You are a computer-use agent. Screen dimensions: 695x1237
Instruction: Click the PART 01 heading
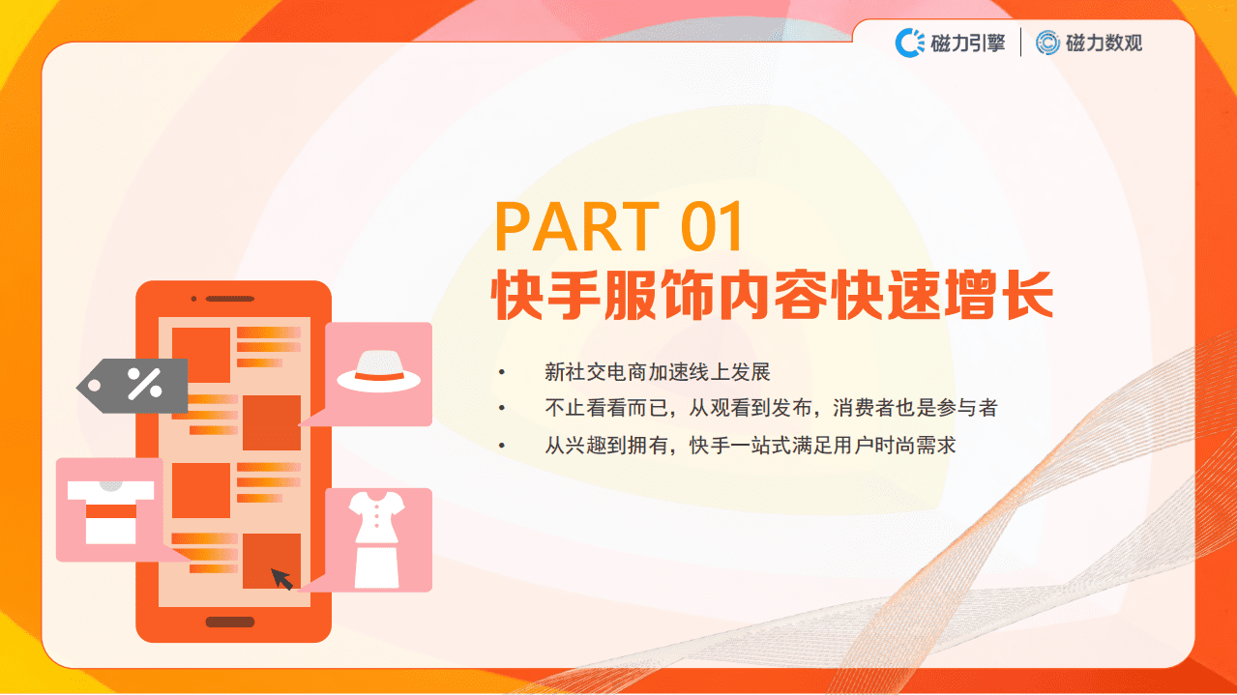(x=619, y=227)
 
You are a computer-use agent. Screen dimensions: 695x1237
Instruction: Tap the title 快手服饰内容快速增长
(x=772, y=295)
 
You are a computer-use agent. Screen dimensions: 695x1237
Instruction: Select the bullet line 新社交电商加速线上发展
(x=658, y=372)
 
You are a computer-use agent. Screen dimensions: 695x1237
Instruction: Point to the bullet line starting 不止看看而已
(x=770, y=408)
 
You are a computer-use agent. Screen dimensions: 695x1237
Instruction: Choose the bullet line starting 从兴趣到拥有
(x=750, y=445)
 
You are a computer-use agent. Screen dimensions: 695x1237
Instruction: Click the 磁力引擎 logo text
(x=967, y=43)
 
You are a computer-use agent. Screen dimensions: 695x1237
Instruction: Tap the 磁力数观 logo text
(x=1104, y=43)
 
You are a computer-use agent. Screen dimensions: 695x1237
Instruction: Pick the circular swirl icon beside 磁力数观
(x=1047, y=43)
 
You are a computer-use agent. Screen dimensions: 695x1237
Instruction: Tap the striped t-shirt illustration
(x=110, y=509)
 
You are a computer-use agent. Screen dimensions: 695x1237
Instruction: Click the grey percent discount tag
(x=135, y=386)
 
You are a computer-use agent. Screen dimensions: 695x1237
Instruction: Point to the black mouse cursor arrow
(x=281, y=579)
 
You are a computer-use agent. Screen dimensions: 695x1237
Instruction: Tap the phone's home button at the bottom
(x=230, y=623)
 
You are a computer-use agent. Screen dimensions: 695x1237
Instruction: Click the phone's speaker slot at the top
(x=229, y=298)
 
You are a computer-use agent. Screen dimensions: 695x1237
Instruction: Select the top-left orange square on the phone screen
(x=201, y=355)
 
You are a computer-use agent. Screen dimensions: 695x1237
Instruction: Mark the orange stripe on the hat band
(x=378, y=375)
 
